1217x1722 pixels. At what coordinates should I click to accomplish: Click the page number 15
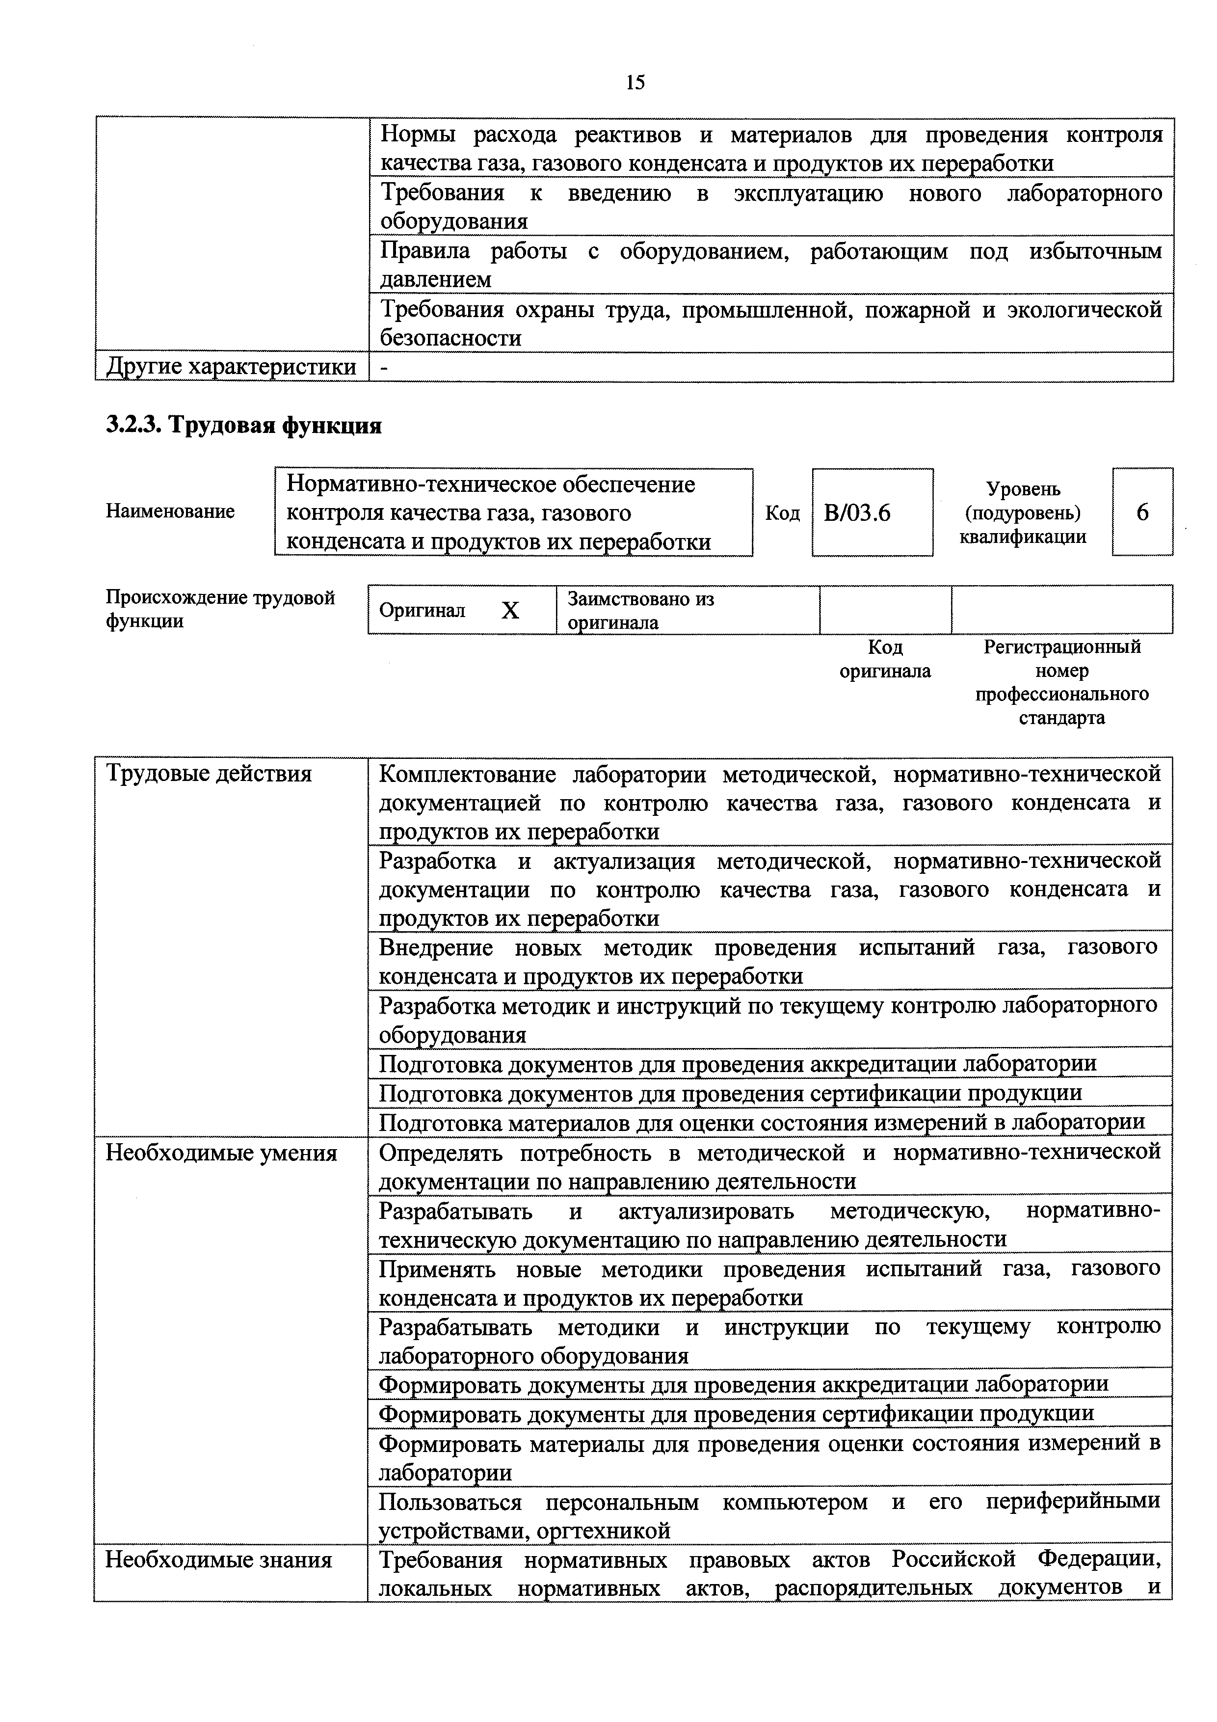[x=635, y=82]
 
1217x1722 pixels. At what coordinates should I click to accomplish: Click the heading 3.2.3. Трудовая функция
[x=244, y=425]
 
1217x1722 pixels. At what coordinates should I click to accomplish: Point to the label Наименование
[x=170, y=511]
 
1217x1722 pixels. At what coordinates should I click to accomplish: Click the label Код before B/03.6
[x=782, y=513]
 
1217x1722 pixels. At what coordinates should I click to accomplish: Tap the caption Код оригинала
[x=885, y=658]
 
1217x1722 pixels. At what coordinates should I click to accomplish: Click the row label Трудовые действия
[x=209, y=773]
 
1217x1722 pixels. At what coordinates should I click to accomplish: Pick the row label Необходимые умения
[x=221, y=1153]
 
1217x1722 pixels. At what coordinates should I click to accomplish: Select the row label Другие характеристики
[x=231, y=367]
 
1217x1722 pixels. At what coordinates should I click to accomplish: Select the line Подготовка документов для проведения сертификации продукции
[x=730, y=1093]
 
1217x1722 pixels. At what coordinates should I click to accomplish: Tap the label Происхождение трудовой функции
[x=220, y=609]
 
